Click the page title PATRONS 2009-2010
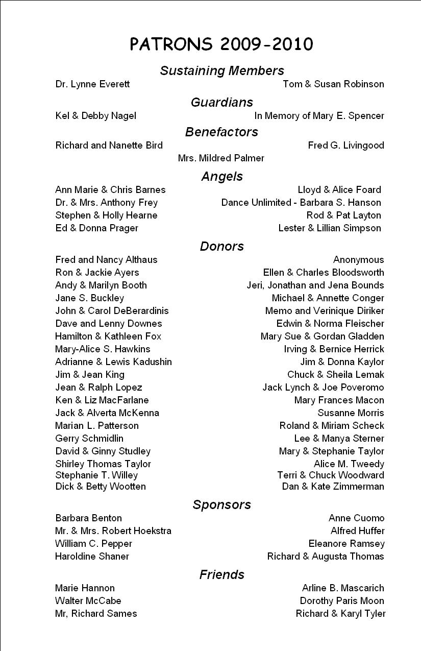tap(221, 44)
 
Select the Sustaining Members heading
tap(222, 70)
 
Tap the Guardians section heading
tap(222, 102)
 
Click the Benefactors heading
tap(222, 132)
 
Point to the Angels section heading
tap(222, 176)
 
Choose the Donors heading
tap(222, 246)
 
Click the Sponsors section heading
tap(222, 504)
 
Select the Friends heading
tap(222, 574)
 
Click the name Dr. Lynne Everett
tap(92, 84)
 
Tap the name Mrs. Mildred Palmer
tap(221, 158)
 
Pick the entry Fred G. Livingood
tap(346, 146)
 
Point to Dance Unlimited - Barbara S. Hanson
tap(301, 203)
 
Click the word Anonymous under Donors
tap(358, 260)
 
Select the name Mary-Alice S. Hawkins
tap(103, 349)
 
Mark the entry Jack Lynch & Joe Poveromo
tap(323, 388)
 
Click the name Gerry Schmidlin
tap(89, 439)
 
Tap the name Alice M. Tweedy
tap(349, 464)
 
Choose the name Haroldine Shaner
tap(92, 557)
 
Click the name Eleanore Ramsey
tap(346, 544)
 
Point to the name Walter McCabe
tap(88, 601)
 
